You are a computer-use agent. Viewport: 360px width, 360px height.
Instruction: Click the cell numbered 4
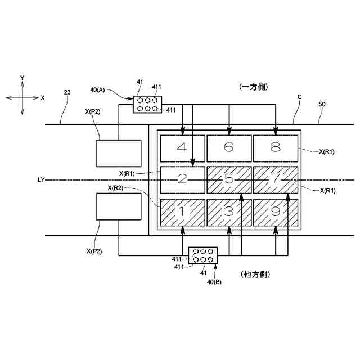click(x=182, y=148)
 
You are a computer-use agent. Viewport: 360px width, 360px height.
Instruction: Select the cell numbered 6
click(x=228, y=148)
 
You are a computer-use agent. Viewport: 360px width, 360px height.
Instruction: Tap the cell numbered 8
click(x=275, y=148)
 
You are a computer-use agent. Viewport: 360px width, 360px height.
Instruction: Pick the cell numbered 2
click(x=182, y=180)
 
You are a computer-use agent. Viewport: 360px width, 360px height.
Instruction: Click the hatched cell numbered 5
click(x=228, y=180)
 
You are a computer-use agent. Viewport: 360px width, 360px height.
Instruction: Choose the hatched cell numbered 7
click(x=275, y=180)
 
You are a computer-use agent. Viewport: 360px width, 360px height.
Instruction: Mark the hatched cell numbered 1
click(x=182, y=212)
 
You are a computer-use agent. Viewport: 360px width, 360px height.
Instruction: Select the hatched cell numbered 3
click(x=228, y=212)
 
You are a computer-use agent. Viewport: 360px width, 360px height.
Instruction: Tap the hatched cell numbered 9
click(x=275, y=212)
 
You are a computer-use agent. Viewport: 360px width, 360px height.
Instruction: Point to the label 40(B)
click(x=214, y=281)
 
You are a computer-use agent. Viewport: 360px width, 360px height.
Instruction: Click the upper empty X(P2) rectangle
click(x=118, y=153)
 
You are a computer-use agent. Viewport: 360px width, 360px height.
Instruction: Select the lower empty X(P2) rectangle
click(x=118, y=206)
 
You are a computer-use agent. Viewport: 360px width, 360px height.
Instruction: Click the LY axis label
click(x=40, y=180)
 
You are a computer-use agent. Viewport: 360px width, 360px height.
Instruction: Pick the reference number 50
click(x=322, y=105)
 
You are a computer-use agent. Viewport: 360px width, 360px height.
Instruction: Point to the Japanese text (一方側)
click(x=254, y=87)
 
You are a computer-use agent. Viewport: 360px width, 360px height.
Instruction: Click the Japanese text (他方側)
click(x=255, y=274)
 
